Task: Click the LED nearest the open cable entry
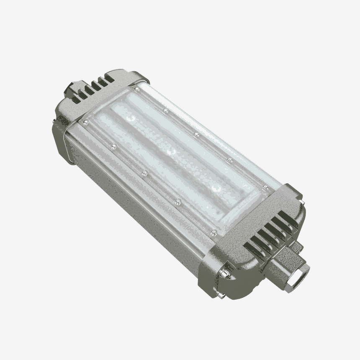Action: tap(216, 188)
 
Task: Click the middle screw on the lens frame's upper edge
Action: tap(196, 134)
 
